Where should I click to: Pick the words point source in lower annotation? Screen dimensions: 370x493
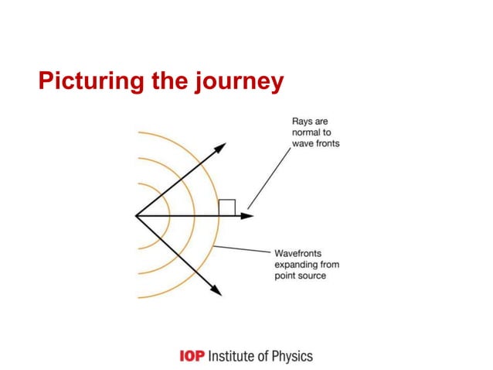click(301, 276)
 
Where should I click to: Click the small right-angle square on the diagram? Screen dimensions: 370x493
click(226, 207)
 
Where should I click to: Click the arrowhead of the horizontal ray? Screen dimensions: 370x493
click(246, 215)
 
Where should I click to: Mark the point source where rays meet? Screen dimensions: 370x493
click(136, 215)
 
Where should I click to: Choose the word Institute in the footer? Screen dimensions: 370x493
click(229, 356)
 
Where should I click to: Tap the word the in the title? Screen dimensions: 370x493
click(162, 81)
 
